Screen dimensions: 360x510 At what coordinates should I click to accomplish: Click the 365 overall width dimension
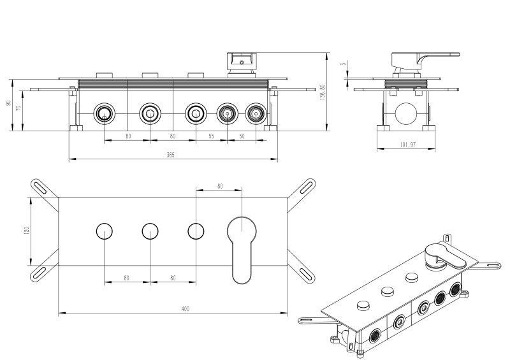170,155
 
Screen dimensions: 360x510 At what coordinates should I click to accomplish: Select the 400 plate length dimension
185,309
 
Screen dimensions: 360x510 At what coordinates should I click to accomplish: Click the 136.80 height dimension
323,92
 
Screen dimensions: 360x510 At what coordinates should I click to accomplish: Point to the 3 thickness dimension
342,64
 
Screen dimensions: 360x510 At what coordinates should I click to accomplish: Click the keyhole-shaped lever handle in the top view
242,245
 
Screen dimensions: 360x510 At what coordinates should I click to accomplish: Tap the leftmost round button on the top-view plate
104,231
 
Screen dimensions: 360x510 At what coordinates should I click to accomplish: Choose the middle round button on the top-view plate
150,231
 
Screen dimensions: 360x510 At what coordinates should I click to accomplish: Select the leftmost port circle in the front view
104,114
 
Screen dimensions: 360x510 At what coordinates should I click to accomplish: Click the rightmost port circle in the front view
256,114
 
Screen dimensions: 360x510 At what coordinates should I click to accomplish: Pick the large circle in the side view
405,114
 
